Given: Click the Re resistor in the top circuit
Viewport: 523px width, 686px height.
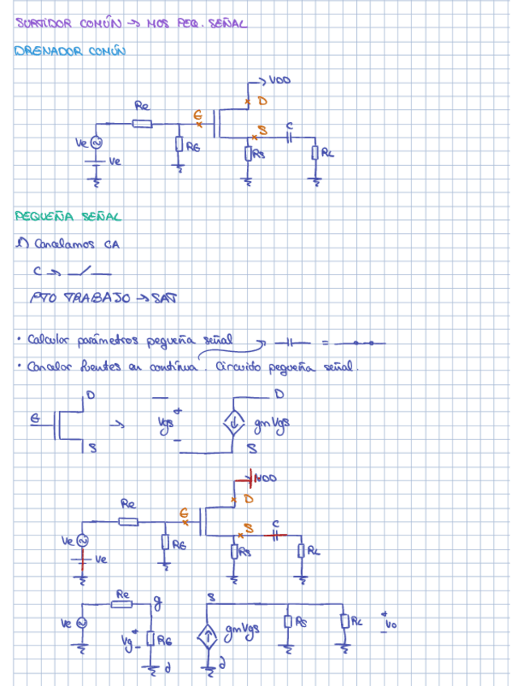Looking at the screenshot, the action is [142, 124].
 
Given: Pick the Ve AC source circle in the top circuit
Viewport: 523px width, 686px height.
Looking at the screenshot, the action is [95, 142].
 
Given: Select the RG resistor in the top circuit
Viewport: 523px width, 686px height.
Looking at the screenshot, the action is [180, 146].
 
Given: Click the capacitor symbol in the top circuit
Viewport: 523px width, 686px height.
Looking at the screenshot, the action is [290, 138].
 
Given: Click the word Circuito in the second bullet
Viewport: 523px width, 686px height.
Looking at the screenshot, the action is [244, 366].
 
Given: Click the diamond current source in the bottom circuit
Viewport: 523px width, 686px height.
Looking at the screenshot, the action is [208, 635].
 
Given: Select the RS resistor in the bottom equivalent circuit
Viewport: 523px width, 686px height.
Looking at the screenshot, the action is [287, 622].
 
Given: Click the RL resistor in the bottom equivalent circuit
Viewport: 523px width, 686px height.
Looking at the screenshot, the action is [344, 621].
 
